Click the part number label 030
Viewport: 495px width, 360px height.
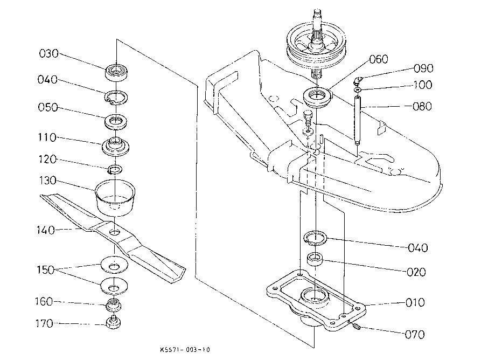[x=49, y=54]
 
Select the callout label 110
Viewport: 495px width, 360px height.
[x=47, y=137]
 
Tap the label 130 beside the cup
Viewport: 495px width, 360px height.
[x=48, y=181]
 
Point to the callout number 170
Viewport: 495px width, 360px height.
[x=44, y=324]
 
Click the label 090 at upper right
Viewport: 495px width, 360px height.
[x=424, y=68]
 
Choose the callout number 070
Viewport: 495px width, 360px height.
[x=415, y=335]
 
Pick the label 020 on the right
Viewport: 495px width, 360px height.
[x=416, y=272]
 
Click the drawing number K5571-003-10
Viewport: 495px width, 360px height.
[x=185, y=350]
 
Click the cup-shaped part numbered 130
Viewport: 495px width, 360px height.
[x=115, y=198]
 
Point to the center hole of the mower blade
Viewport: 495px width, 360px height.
[x=115, y=232]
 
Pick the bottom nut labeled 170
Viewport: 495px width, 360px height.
[x=113, y=322]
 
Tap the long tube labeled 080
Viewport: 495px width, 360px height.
[x=357, y=121]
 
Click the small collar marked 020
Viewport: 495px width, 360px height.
[x=315, y=259]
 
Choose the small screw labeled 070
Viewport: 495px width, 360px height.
[x=355, y=326]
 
